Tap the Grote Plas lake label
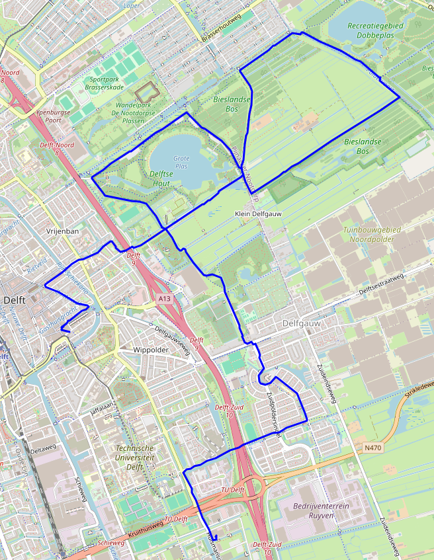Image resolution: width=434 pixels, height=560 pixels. pyautogui.click(x=181, y=161)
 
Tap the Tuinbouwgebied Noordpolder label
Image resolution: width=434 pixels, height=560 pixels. pyautogui.click(x=372, y=233)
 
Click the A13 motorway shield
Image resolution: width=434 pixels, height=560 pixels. pyautogui.click(x=164, y=300)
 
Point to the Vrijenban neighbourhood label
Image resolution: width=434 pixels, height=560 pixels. pyautogui.click(x=63, y=231)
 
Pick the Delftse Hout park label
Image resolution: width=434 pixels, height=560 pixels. pyautogui.click(x=161, y=179)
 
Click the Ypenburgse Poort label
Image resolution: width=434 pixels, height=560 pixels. pyautogui.click(x=52, y=116)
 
